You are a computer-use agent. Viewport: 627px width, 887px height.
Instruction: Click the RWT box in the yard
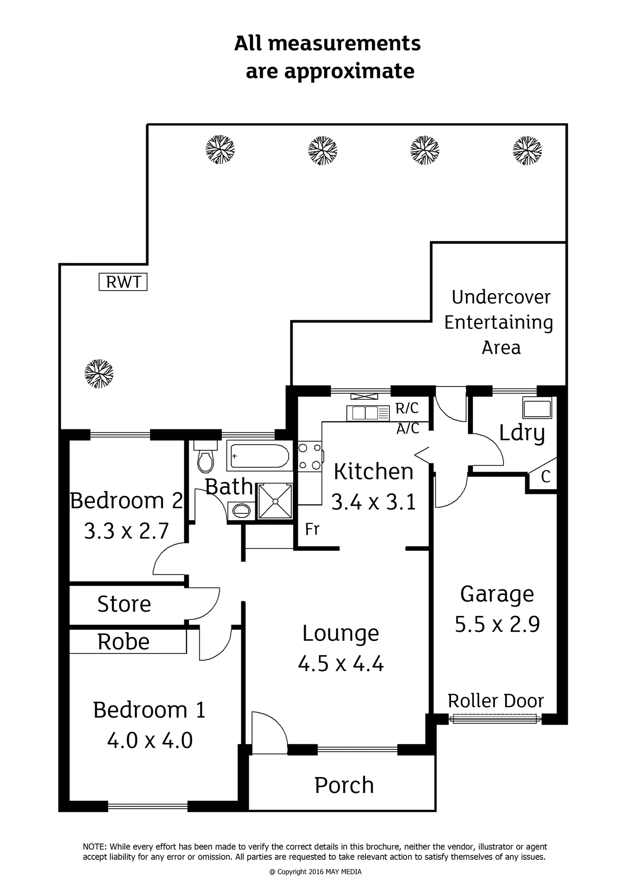123,282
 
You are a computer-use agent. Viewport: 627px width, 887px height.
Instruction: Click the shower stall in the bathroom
275,501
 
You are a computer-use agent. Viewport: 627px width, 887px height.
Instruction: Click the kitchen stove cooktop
310,457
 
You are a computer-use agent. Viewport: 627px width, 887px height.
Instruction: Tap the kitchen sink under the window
362,412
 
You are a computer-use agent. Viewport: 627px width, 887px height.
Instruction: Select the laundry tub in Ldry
537,408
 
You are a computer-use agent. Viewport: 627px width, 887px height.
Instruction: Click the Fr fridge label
312,530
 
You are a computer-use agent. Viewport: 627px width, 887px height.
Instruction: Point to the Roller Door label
496,701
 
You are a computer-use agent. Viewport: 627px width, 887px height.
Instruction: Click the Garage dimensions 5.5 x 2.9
497,625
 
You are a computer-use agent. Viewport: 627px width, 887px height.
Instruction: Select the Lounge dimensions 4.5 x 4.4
340,664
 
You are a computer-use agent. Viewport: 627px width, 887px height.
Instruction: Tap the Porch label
344,785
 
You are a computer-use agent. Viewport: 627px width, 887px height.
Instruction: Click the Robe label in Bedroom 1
124,642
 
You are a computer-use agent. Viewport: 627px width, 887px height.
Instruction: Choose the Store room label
124,604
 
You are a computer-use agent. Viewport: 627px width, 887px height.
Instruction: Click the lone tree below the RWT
99,374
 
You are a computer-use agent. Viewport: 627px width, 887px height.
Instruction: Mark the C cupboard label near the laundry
545,476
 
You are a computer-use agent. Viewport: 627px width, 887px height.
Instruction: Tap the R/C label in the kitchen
407,408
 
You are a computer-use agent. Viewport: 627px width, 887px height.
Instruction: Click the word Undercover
501,297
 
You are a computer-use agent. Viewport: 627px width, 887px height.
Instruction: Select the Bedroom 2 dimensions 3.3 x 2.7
127,531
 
